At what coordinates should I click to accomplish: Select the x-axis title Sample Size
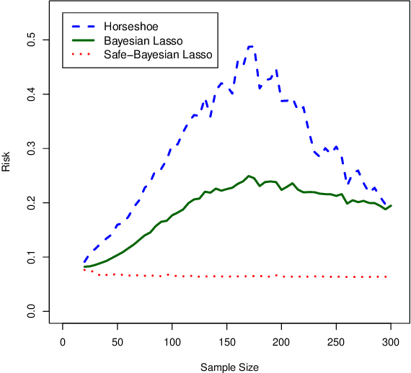[x=229, y=367]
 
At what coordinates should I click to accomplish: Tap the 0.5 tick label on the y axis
[x=32, y=40]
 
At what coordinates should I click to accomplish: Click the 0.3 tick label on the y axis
[x=32, y=149]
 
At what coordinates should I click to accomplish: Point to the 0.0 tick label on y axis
[x=32, y=311]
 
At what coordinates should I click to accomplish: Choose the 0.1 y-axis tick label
[x=32, y=257]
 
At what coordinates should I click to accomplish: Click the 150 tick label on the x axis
[x=227, y=343]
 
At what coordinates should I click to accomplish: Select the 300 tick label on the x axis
[x=391, y=343]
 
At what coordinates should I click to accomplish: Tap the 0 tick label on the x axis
[x=63, y=343]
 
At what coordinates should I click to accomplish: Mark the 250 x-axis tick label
[x=336, y=343]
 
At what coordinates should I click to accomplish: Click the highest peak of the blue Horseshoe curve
[x=250, y=47]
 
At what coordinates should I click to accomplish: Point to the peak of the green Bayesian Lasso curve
[x=249, y=176]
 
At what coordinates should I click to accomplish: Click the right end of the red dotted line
[x=387, y=277]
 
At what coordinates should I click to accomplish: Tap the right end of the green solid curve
[x=391, y=206]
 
